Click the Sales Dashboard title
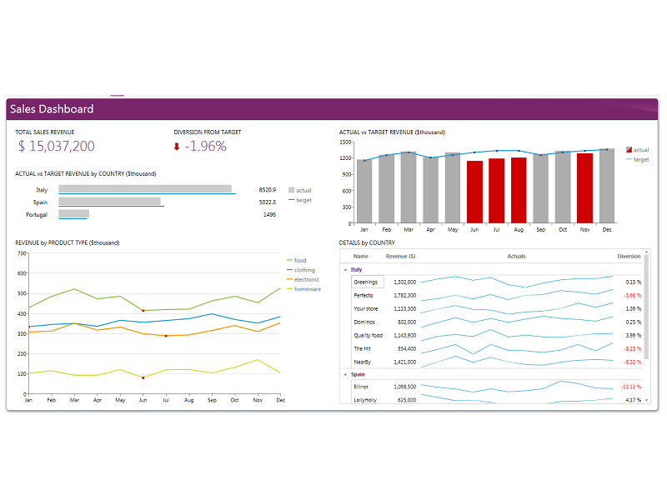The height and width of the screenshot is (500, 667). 52,109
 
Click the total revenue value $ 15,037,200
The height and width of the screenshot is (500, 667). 56,147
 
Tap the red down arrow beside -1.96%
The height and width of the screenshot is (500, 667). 177,147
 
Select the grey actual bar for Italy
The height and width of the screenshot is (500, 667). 145,188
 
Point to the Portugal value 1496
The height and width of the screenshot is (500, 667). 269,215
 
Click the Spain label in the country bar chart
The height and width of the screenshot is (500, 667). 40,202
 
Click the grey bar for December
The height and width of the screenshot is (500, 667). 606,184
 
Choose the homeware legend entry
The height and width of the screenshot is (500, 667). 307,289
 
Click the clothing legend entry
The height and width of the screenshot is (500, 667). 304,270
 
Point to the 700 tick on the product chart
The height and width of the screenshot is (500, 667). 21,252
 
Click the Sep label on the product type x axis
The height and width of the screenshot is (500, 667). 212,400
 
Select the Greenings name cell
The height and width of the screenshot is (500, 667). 367,282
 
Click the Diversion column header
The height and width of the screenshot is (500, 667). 629,256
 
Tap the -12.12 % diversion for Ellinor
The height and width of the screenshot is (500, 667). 630,387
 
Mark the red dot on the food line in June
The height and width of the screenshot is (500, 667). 143,311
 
